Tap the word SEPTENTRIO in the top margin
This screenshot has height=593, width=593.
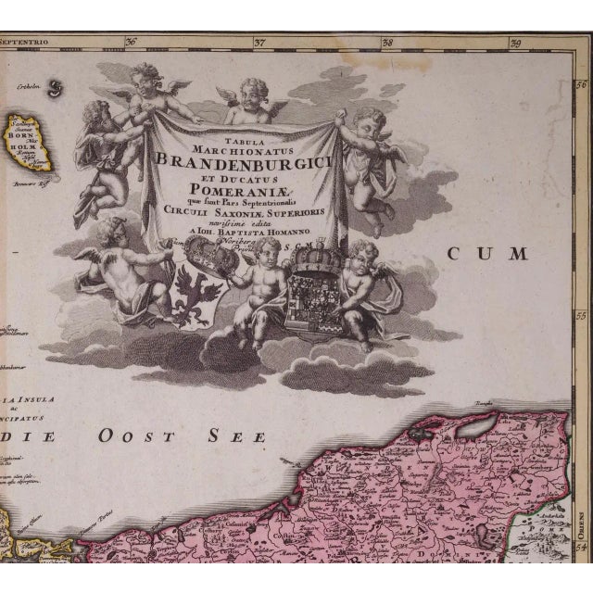click(x=25, y=41)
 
